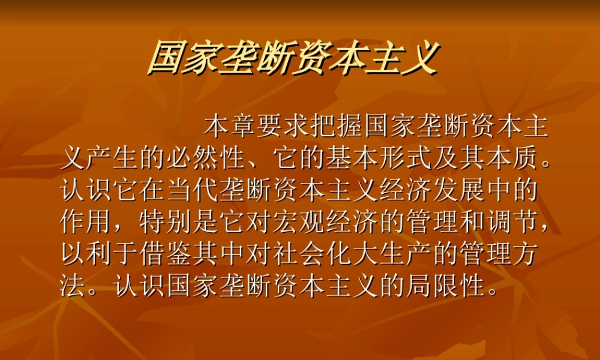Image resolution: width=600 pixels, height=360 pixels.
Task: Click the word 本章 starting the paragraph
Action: (230, 127)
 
